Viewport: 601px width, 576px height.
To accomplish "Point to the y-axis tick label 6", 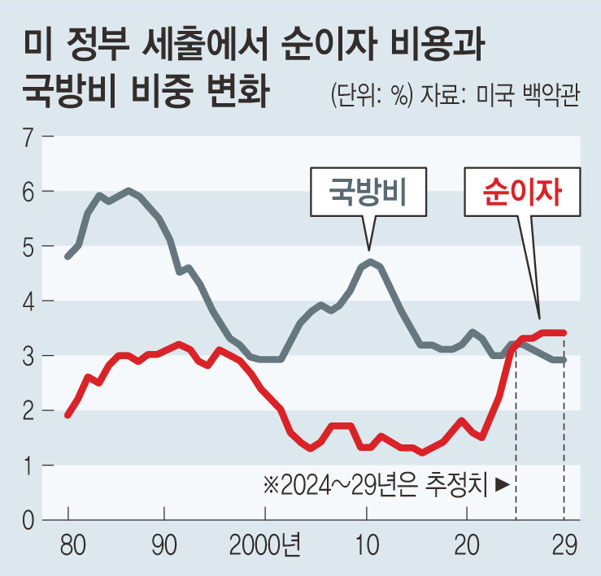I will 27,191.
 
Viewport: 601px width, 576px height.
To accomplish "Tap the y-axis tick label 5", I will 27,246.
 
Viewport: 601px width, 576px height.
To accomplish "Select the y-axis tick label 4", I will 27,301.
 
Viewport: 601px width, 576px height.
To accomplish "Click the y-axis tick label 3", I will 27,356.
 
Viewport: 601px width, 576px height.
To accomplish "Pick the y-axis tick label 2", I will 27,410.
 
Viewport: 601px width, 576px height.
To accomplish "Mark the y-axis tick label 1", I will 27,466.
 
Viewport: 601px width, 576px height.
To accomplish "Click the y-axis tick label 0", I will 27,520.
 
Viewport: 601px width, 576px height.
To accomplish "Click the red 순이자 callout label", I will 522,193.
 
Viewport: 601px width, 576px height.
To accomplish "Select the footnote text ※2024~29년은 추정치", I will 374,485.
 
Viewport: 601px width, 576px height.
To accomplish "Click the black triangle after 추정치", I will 502,485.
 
